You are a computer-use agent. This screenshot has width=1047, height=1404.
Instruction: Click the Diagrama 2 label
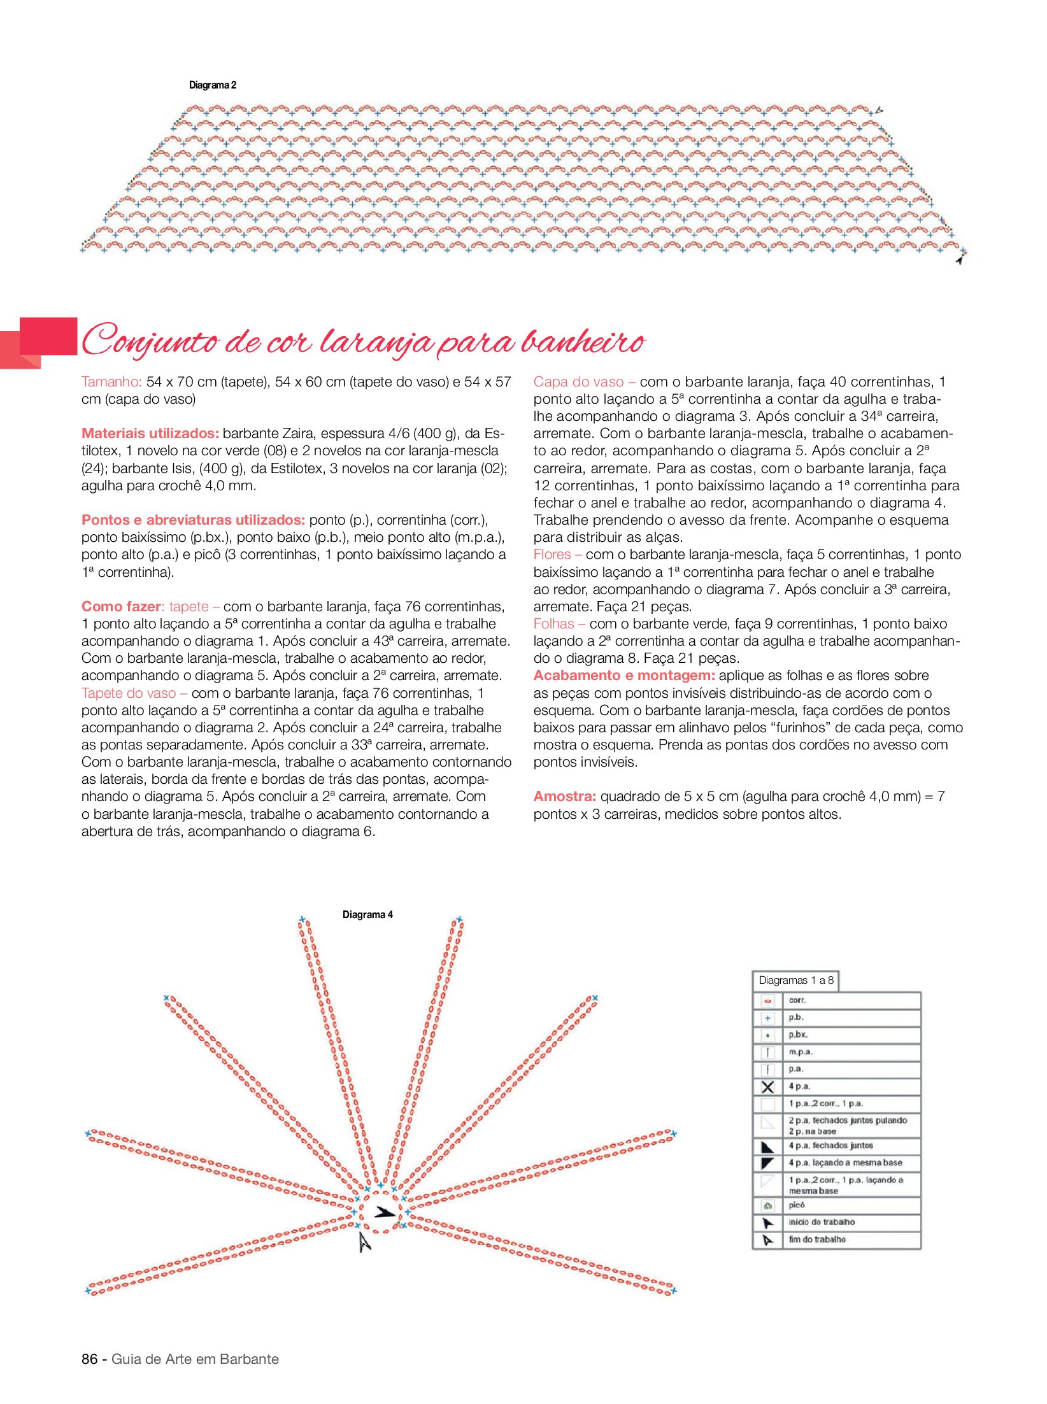point(213,85)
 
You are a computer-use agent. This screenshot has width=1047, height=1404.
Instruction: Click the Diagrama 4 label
point(367,915)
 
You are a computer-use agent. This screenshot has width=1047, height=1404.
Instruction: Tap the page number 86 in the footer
point(89,1359)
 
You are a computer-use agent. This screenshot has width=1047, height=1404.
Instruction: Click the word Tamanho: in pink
point(111,382)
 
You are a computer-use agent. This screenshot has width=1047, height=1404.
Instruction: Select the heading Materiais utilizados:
point(150,434)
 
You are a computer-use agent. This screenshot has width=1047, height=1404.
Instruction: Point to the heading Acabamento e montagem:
point(624,676)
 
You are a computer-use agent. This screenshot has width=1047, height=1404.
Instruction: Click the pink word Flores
point(552,555)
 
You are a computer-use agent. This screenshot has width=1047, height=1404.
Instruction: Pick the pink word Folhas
point(554,624)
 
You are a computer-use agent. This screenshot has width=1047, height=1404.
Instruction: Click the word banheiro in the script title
point(583,343)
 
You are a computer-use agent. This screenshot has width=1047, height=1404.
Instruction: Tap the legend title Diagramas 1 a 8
point(795,981)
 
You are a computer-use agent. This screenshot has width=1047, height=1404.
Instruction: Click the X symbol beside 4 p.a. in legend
point(768,1087)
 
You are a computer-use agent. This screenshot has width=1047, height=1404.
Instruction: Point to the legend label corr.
point(797,1000)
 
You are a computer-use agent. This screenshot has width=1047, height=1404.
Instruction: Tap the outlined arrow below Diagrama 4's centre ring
point(364,1241)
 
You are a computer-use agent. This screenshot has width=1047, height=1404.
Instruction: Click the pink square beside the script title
point(48,336)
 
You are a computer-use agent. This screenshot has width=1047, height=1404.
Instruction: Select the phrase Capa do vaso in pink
point(578,382)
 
